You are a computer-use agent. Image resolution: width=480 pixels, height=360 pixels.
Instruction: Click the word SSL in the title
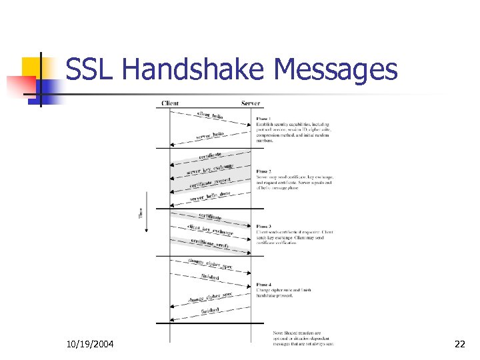tap(91, 69)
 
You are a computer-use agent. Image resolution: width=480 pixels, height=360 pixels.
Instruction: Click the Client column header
tap(170, 104)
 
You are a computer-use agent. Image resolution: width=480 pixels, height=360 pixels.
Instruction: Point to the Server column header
tap(251, 104)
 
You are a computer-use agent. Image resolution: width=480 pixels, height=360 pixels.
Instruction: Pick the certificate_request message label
tap(211, 183)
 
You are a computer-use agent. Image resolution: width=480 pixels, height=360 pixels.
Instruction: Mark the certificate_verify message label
tap(211, 244)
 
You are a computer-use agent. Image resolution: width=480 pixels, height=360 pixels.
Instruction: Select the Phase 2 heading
tap(264, 171)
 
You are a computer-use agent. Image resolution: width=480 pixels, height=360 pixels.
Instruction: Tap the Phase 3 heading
tap(264, 226)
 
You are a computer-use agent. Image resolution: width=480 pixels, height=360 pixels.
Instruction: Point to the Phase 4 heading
tap(264, 285)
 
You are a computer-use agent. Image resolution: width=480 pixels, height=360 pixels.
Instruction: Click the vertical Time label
tap(141, 213)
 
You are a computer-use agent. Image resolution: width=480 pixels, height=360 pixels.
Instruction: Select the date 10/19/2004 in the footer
tap(90, 344)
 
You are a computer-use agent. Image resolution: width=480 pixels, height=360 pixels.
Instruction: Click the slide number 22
tap(459, 344)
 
